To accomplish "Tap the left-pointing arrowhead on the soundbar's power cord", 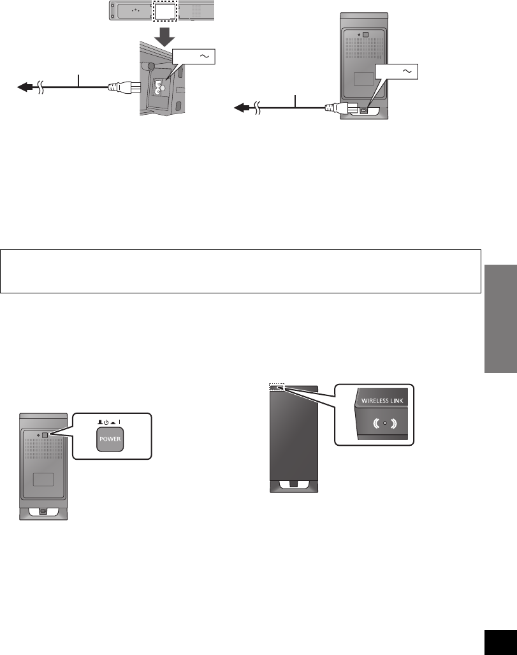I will [24, 88].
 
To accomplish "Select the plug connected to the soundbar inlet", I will [121, 87].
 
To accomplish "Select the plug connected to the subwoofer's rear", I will [338, 108].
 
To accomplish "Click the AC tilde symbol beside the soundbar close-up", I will [205, 57].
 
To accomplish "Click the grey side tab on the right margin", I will [499, 319].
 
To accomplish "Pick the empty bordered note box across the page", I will [240, 271].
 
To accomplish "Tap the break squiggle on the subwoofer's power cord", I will [258, 109].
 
